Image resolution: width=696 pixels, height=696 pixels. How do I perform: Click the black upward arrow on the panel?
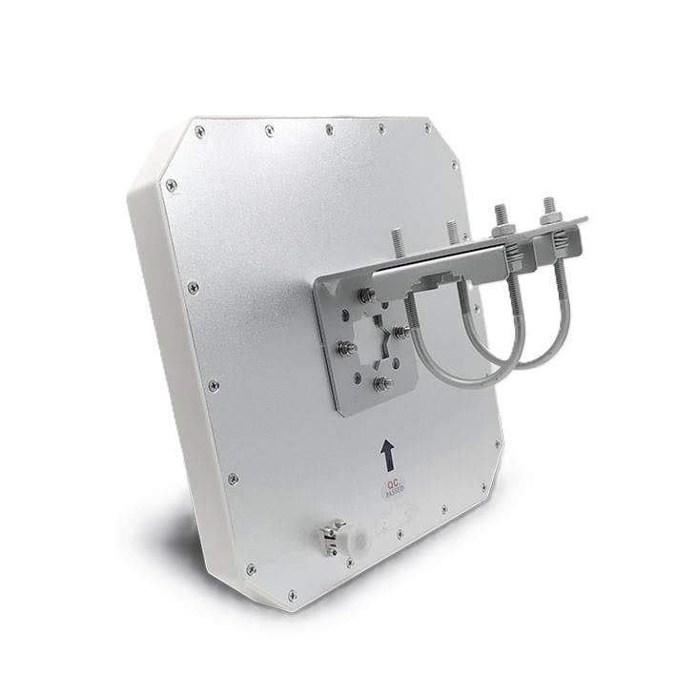tap(387, 454)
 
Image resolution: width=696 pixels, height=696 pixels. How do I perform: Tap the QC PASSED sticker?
tap(393, 486)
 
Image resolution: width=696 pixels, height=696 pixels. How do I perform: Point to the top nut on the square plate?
tap(365, 297)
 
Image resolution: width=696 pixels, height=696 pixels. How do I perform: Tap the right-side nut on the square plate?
tap(403, 333)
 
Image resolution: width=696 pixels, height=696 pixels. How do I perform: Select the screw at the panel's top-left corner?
tap(199, 133)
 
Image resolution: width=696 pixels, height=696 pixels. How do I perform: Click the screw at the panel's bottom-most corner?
tap(292, 596)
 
